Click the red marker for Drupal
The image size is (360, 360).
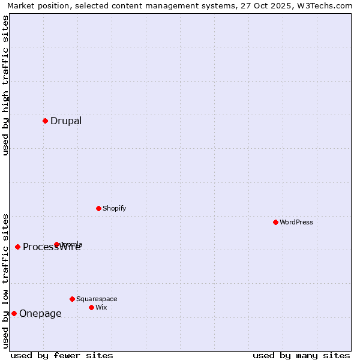(45, 121)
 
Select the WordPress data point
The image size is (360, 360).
(275, 222)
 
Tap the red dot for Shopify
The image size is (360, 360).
(98, 208)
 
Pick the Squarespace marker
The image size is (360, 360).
(72, 299)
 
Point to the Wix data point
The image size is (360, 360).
(91, 307)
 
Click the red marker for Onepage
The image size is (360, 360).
(14, 313)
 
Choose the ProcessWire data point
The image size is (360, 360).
(17, 247)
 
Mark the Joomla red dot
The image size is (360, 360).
(56, 244)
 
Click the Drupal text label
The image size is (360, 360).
(66, 121)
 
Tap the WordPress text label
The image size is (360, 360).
(296, 222)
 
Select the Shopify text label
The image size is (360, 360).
(115, 208)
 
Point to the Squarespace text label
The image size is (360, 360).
(97, 299)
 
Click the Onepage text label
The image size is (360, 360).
(40, 313)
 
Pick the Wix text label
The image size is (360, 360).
(101, 307)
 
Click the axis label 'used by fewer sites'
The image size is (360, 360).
(62, 355)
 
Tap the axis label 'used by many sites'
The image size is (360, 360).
(301, 355)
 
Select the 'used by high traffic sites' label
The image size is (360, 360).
(5, 85)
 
